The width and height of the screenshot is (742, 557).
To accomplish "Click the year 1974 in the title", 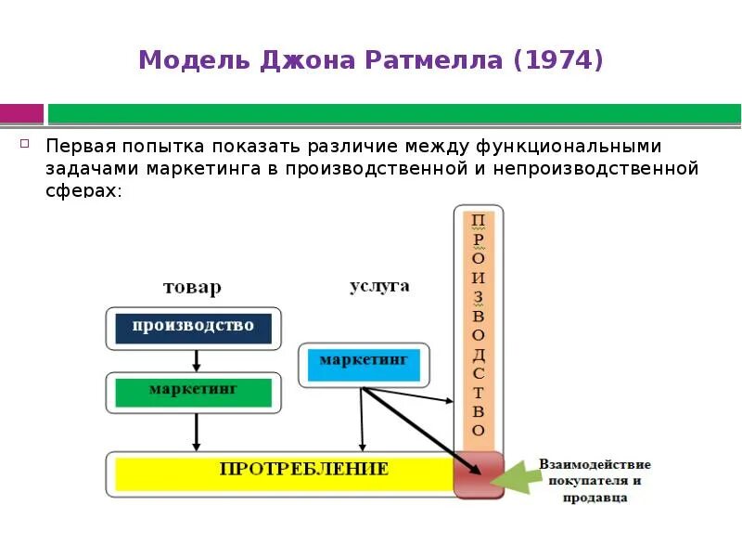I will pos(557,61).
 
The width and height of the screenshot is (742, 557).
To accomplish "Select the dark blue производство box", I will pos(193,327).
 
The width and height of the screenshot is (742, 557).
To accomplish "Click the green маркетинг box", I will pos(193,391).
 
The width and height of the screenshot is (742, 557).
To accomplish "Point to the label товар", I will pos(192,287).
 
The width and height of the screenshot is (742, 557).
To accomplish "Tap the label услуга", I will pos(379,286).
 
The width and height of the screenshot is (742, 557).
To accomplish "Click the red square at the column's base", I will pos(479,474).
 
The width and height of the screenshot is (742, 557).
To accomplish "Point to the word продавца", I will pos(594,497).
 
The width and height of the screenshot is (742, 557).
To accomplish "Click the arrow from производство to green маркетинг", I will pos(196,359).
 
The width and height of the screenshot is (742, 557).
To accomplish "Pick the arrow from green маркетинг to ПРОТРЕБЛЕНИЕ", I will pos(196,431).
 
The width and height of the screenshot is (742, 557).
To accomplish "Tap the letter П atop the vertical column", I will pos(478,221).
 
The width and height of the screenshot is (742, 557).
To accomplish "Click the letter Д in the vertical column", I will pos(478,352).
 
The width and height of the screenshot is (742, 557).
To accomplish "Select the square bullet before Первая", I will pos(26,144).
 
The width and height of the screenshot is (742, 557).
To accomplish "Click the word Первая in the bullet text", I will pos(79,147).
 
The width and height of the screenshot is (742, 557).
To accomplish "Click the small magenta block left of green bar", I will pos(21,113).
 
